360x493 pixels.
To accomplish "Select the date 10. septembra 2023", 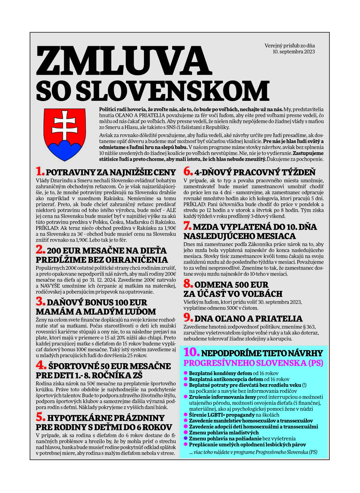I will click(294, 52).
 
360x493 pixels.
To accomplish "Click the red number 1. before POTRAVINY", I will click(40, 172).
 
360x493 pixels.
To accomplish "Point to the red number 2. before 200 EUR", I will click(40, 250).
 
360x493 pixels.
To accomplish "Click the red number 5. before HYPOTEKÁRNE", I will click(40, 417).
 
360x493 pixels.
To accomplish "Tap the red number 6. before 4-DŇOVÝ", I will click(188, 172).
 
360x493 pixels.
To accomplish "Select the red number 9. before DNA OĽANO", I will click(188, 318).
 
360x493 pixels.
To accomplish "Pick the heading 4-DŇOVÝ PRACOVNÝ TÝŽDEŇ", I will click(255, 172).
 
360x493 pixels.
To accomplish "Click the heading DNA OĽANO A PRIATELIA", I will click(248, 318).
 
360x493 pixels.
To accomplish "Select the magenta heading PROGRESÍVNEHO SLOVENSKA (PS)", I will click(253, 363).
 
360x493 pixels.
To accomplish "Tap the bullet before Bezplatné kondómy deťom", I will click(186, 373).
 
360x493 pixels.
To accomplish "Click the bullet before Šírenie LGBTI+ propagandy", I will click(186, 415).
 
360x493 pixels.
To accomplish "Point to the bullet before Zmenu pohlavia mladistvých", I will click(186, 432).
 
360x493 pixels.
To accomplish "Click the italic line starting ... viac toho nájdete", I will click(253, 452).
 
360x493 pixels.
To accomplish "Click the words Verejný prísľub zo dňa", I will click(289, 46).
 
